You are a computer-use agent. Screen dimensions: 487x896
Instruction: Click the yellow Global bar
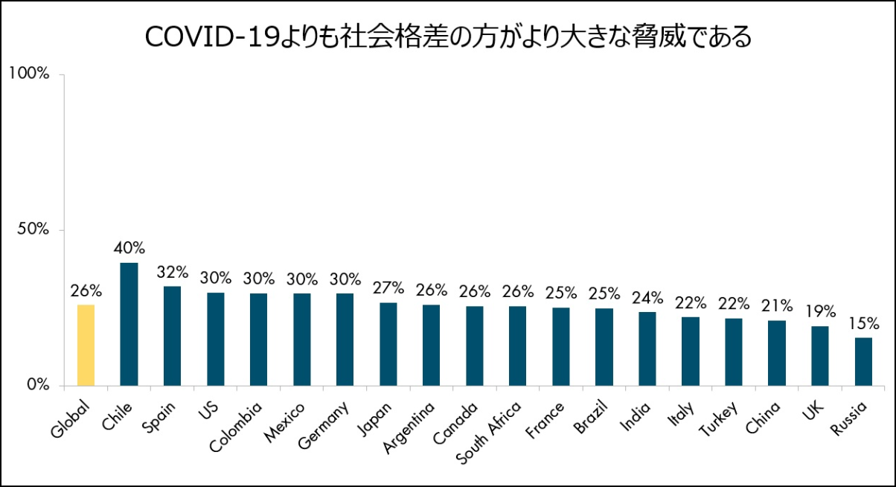click(86, 345)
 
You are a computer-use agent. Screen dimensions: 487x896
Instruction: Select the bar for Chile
click(129, 324)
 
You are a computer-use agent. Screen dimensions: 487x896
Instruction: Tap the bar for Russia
click(863, 361)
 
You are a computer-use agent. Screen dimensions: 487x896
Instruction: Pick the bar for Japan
click(388, 344)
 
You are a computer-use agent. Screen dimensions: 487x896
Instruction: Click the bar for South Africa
click(518, 346)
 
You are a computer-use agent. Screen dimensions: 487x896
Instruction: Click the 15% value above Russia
click(863, 324)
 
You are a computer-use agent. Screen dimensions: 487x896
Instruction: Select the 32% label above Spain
click(173, 272)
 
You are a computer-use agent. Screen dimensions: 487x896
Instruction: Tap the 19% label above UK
click(820, 312)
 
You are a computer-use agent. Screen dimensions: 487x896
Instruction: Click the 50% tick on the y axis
click(33, 229)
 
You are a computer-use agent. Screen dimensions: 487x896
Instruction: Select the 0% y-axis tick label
click(37, 385)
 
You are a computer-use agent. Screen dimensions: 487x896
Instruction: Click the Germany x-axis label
click(324, 424)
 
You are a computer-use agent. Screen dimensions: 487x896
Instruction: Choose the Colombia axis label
click(236, 427)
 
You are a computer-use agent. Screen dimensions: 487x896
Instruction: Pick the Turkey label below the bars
click(718, 418)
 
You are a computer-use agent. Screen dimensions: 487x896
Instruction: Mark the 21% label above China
click(777, 305)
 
